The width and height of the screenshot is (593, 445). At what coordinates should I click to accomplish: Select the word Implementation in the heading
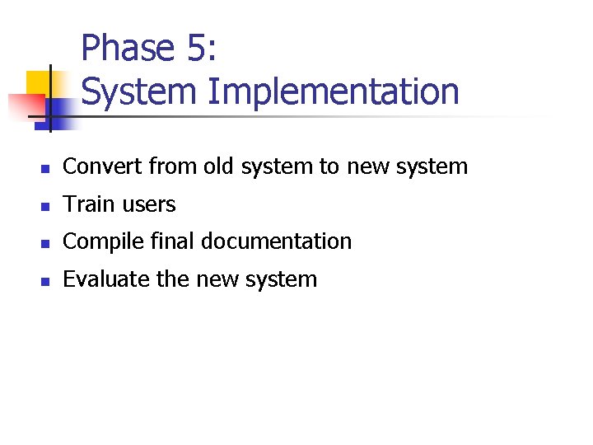click(333, 91)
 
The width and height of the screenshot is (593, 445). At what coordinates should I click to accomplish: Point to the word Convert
click(103, 166)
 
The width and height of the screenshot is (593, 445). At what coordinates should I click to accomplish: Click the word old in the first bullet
click(219, 166)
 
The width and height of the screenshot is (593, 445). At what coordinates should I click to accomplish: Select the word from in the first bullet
click(174, 166)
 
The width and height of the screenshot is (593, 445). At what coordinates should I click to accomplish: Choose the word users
click(150, 204)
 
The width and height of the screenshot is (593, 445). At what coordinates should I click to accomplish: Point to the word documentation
click(277, 241)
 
